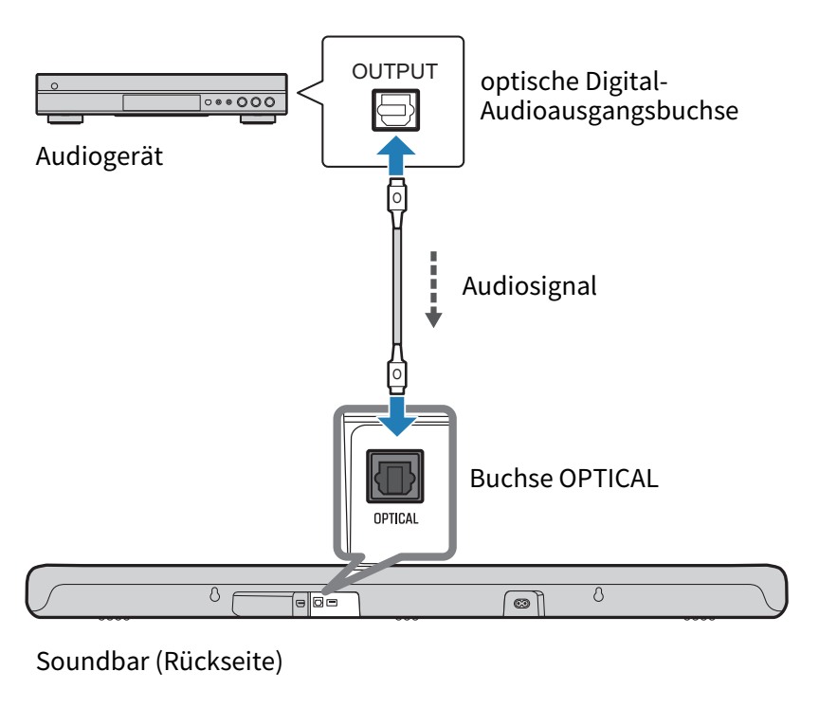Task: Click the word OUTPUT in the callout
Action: (x=394, y=71)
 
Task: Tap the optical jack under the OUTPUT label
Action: (x=394, y=111)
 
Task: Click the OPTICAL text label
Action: (x=395, y=518)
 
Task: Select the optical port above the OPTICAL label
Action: (x=395, y=476)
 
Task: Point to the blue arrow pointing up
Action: (x=395, y=154)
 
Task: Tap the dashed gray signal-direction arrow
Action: (x=433, y=289)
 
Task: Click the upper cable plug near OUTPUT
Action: (x=397, y=199)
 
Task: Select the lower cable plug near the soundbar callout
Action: (x=397, y=372)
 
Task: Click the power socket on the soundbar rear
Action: (x=520, y=603)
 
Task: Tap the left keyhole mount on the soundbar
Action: (x=214, y=595)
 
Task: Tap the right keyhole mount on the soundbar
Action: (x=598, y=595)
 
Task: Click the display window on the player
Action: (x=161, y=102)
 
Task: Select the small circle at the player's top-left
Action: (x=54, y=86)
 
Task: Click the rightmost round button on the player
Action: (x=270, y=102)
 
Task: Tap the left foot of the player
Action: (x=65, y=119)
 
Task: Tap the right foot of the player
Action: (x=257, y=119)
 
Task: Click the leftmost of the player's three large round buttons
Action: (x=243, y=102)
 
